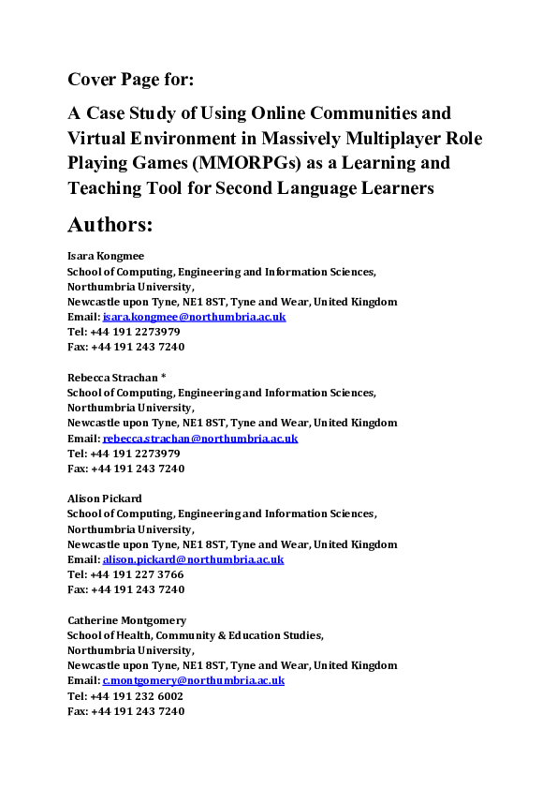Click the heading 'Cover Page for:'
(130, 79)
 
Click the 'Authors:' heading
(110, 225)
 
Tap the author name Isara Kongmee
(106, 256)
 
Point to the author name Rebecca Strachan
(113, 377)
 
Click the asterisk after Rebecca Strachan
(164, 377)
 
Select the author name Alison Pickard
(105, 499)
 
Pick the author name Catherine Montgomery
(126, 619)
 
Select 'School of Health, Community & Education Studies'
(195, 635)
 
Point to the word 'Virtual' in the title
(97, 139)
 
